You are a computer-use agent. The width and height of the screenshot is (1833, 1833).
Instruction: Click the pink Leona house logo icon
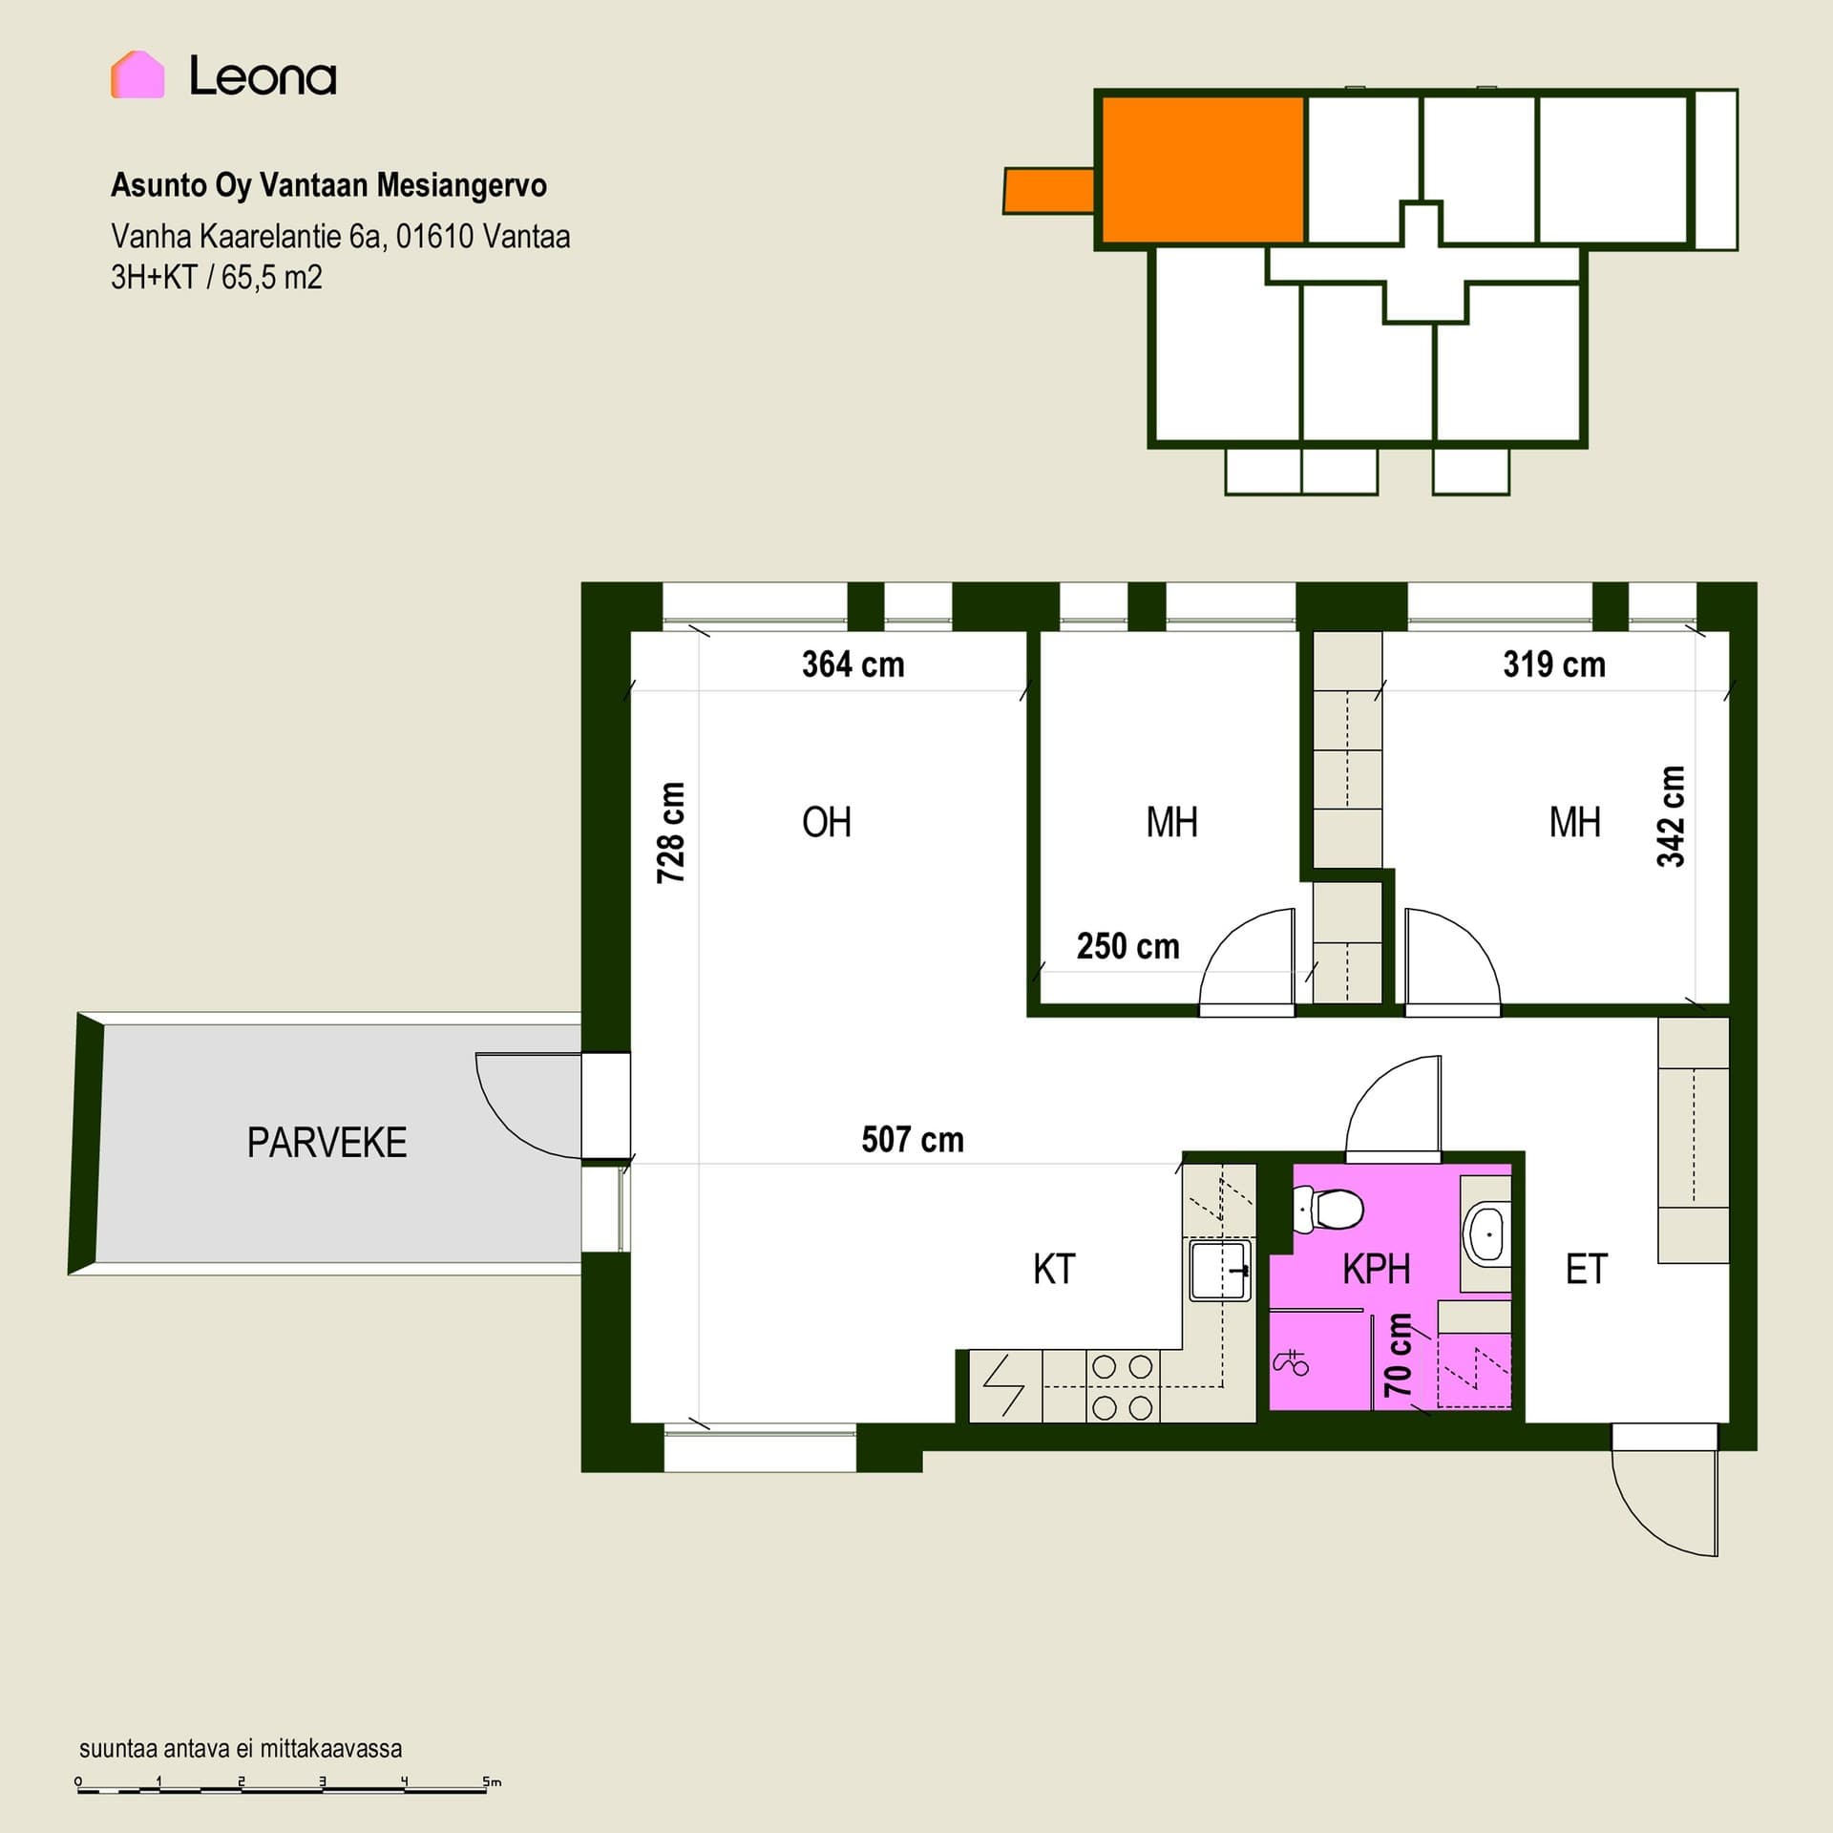coord(137,74)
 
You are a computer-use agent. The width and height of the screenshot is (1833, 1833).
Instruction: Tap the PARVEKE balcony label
coord(327,1143)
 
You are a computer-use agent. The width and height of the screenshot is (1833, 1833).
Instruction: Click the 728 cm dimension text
coord(671,832)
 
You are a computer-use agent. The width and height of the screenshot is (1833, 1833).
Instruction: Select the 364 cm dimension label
coord(853,664)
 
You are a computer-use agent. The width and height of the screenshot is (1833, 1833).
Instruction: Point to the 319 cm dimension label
coord(1554,664)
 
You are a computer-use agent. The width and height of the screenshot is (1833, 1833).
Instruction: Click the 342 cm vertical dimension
coord(1671,816)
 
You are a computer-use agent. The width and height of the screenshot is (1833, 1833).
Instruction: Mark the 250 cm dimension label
coord(1127,946)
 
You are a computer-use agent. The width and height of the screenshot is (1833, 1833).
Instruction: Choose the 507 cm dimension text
coord(913,1139)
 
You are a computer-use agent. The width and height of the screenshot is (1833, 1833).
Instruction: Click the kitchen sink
coord(1220,1270)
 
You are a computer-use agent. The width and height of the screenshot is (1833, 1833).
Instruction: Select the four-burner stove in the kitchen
coord(1122,1387)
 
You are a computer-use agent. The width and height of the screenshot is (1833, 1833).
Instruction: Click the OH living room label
coord(826,822)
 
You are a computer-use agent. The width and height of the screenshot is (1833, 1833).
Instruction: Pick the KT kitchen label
coord(1054,1270)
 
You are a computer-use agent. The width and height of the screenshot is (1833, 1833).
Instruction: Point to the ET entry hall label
coord(1587,1270)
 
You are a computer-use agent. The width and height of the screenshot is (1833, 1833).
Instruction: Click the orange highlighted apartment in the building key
coord(1203,169)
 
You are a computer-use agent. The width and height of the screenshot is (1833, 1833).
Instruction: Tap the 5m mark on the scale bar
coord(492,1781)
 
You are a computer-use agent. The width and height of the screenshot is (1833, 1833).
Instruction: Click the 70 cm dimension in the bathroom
coord(1398,1355)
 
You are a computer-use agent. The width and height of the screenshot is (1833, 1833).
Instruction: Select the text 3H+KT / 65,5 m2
coord(217,278)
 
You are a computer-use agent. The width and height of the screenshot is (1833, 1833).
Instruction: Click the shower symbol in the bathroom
coord(1291,1361)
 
